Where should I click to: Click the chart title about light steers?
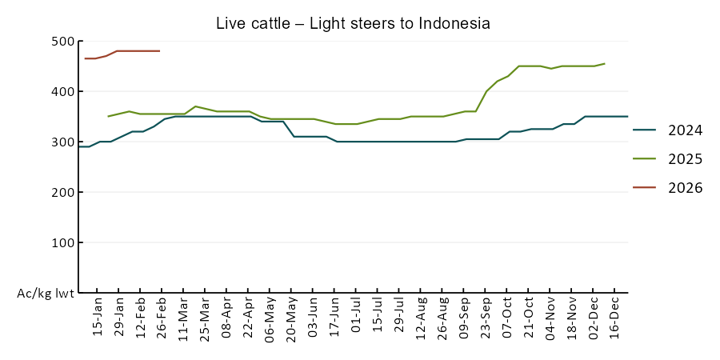(x=353, y=24)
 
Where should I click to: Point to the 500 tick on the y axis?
(x=62, y=42)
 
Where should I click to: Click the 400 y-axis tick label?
(x=62, y=92)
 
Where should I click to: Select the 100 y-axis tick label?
(x=62, y=243)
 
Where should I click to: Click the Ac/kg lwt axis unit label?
(x=46, y=294)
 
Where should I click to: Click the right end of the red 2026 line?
(x=160, y=51)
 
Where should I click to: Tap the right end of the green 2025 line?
(x=605, y=63)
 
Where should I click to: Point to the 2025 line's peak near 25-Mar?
(x=195, y=106)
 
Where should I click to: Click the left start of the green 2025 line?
(x=108, y=117)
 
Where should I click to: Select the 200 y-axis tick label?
(x=62, y=193)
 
